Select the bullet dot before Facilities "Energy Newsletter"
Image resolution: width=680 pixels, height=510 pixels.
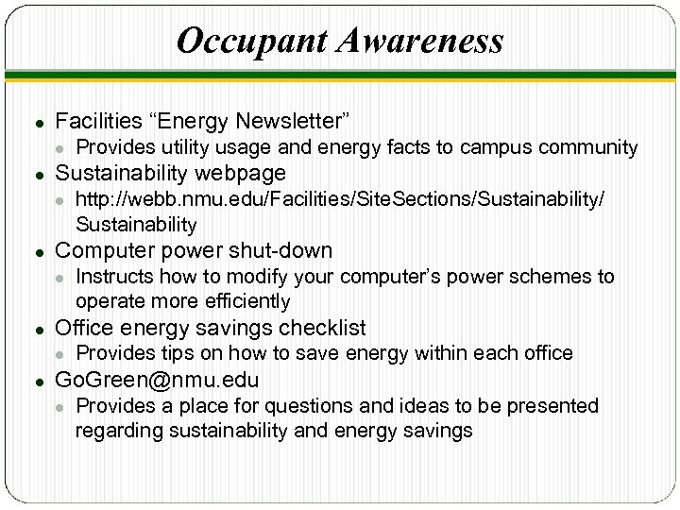tap(36, 122)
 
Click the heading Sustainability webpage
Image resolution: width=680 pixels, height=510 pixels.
tap(170, 173)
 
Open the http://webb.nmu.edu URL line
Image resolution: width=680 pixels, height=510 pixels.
tap(339, 199)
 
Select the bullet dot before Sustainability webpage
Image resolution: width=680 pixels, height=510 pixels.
tap(36, 174)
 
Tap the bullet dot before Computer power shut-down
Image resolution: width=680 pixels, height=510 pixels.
tap(36, 251)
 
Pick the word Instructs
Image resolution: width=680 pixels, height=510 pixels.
tap(113, 277)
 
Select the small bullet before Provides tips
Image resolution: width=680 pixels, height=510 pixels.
tap(59, 354)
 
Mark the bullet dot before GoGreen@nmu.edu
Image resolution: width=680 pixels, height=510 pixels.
tap(36, 381)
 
